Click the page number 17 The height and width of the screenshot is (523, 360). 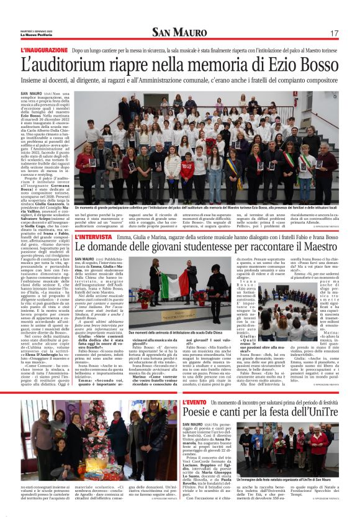(x=334, y=32)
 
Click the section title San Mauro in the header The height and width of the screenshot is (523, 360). (x=180, y=32)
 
